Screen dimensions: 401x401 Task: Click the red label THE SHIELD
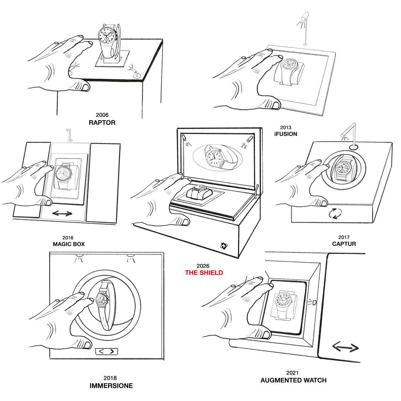(204, 273)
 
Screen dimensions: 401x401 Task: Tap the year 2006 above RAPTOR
(102, 115)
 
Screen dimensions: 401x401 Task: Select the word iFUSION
(285, 134)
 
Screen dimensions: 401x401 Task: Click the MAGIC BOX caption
(69, 244)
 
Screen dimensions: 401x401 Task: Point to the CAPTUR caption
(344, 244)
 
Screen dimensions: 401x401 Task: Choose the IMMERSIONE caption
(111, 386)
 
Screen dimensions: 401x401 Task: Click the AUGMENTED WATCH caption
(293, 380)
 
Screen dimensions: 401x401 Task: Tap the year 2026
(203, 266)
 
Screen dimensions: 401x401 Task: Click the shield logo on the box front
(224, 246)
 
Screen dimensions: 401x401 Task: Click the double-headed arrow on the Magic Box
(62, 213)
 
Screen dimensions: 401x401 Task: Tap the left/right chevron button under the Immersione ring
(107, 352)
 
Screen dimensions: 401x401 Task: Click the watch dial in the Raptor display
(106, 34)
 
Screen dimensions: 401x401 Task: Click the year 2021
(292, 373)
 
